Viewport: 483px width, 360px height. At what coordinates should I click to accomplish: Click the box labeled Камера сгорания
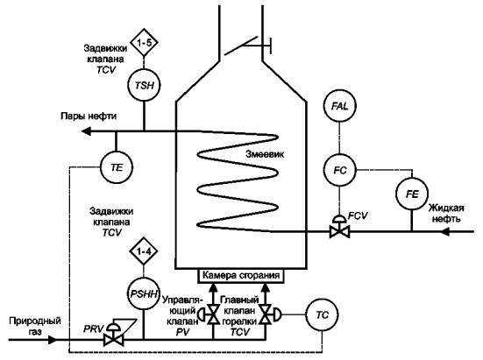pyautogui.click(x=240, y=276)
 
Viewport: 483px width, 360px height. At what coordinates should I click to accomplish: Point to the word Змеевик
pyautogui.click(x=265, y=154)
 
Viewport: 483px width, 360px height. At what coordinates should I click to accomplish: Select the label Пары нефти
pyautogui.click(x=89, y=116)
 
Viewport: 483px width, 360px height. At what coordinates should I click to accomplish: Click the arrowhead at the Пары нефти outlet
pyautogui.click(x=86, y=131)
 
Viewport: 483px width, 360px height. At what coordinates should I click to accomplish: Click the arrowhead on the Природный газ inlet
pyautogui.click(x=52, y=340)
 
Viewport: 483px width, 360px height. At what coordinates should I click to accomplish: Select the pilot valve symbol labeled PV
pyautogui.click(x=210, y=314)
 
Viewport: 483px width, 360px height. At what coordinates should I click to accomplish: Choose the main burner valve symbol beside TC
pyautogui.click(x=269, y=314)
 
